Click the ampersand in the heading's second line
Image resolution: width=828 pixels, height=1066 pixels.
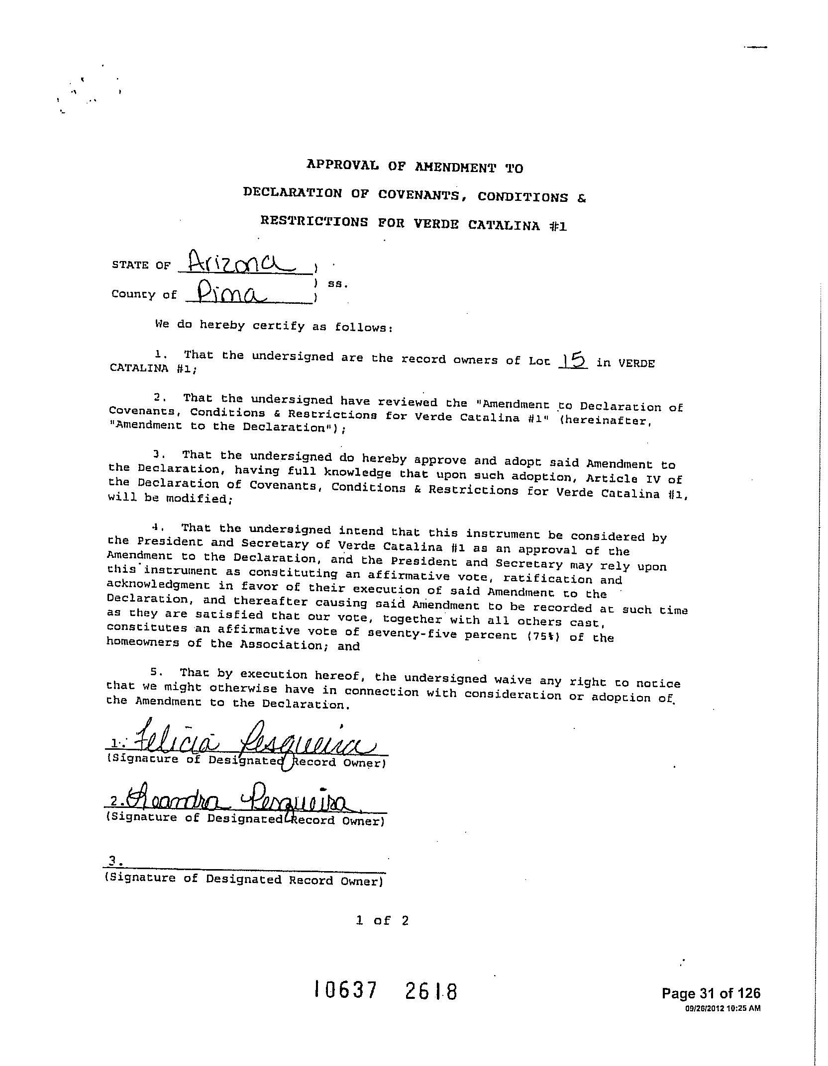[x=582, y=198]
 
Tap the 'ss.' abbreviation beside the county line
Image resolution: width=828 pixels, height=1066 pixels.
[x=337, y=284]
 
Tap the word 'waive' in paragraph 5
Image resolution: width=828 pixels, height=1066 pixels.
[x=513, y=680]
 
